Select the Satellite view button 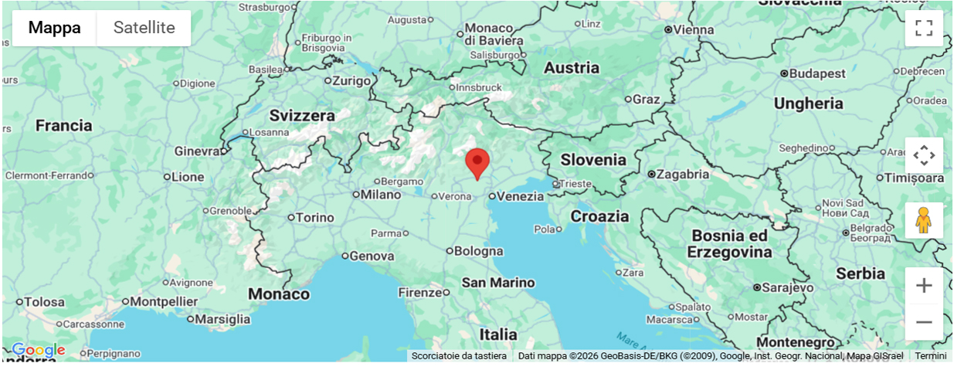pyautogui.click(x=144, y=28)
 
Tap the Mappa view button pyautogui.click(x=54, y=28)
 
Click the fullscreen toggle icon pyautogui.click(x=924, y=29)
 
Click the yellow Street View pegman pyautogui.click(x=924, y=220)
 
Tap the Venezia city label pyautogui.click(x=520, y=196)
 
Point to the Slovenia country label pyautogui.click(x=593, y=160)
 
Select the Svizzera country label pyautogui.click(x=302, y=116)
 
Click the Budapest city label pyautogui.click(x=817, y=73)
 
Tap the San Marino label pyautogui.click(x=498, y=283)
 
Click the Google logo pyautogui.click(x=38, y=351)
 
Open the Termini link pyautogui.click(x=931, y=356)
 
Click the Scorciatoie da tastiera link pyautogui.click(x=459, y=356)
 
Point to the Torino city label pyautogui.click(x=315, y=218)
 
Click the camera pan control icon pyautogui.click(x=924, y=155)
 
